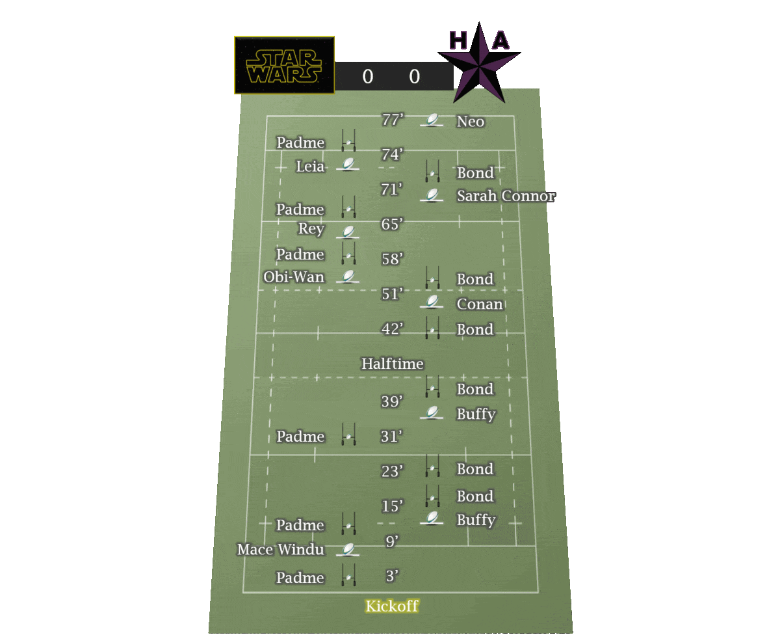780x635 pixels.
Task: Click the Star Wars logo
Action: (284, 65)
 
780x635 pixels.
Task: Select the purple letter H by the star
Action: (458, 40)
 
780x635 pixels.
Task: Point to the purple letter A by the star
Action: (500, 40)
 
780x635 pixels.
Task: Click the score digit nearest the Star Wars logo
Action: (368, 77)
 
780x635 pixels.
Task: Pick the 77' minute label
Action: (393, 120)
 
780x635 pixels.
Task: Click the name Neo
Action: (471, 122)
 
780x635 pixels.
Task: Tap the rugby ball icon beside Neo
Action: (432, 120)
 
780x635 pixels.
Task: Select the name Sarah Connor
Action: (506, 196)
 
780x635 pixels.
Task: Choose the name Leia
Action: (310, 166)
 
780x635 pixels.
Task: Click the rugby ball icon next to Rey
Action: (348, 231)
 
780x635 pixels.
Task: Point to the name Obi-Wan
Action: (294, 277)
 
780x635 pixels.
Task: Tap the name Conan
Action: (480, 304)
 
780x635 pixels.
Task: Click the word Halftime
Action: (393, 364)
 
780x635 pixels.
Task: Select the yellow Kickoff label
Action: (392, 606)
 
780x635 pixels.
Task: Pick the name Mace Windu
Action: (281, 550)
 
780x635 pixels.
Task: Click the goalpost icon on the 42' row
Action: (432, 328)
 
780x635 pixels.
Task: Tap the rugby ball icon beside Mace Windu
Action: (348, 550)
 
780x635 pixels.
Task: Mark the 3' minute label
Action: (392, 576)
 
